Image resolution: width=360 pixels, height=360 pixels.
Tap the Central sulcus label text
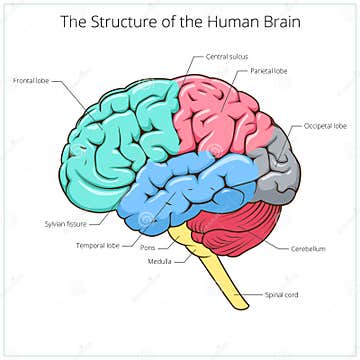coord(227,58)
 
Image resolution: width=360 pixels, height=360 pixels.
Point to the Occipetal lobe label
coord(326,127)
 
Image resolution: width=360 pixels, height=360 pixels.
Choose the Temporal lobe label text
coord(98,244)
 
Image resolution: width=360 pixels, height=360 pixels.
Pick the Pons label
coord(148,246)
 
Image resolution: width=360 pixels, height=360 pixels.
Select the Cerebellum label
coord(310,248)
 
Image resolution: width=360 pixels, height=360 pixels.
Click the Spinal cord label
coord(283,295)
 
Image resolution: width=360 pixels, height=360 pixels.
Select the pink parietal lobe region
coord(225,115)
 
